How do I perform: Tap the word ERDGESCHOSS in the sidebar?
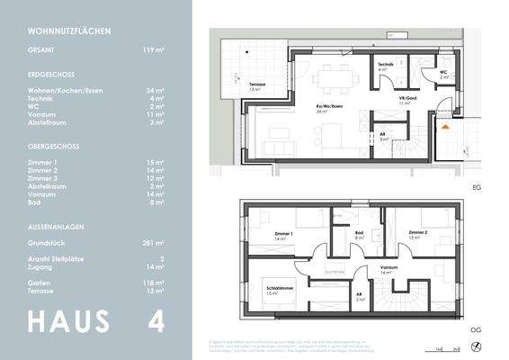coord(52,76)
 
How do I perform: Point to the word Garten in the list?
coord(38,283)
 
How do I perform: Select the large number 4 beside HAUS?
coord(156,321)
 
